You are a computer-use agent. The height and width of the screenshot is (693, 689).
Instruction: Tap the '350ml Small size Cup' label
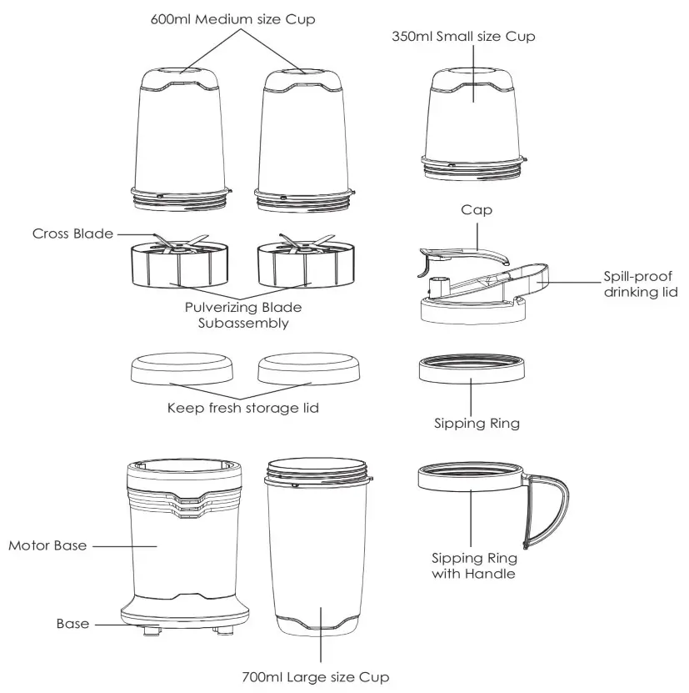tap(463, 37)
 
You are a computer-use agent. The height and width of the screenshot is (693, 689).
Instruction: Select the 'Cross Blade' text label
tap(72, 234)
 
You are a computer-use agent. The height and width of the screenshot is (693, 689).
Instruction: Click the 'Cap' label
tap(476, 211)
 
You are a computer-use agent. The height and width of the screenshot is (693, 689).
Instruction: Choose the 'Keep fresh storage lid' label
tap(242, 409)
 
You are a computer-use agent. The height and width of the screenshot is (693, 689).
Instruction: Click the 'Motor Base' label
tap(47, 545)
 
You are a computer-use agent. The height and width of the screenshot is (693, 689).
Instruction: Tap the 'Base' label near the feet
tap(72, 623)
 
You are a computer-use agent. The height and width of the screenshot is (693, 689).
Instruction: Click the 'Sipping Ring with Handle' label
tap(473, 565)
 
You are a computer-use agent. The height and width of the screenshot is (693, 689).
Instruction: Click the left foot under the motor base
tap(150, 632)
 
